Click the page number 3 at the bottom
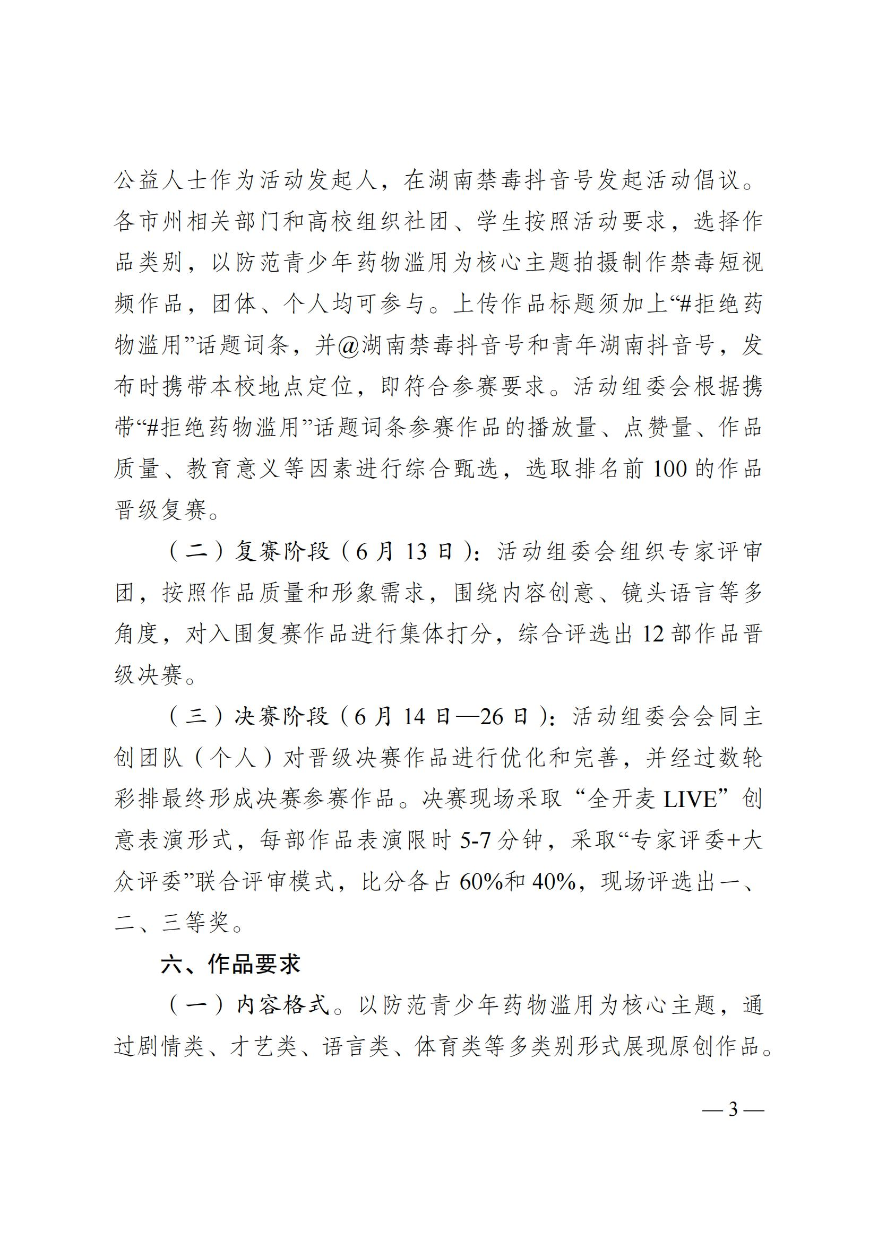[733, 1109]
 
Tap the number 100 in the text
[670, 468]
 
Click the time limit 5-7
[475, 840]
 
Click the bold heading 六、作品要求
[230, 964]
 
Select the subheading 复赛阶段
[282, 551]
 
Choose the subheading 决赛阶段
[282, 716]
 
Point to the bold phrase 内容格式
[283, 1005]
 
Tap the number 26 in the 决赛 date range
[495, 716]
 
